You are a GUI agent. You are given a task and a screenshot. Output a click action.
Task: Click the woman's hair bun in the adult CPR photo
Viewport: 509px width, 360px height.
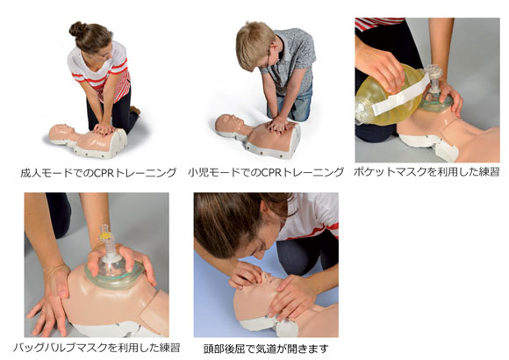(x=77, y=29)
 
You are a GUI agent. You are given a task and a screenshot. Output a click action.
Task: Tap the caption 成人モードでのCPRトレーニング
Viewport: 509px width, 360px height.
(x=98, y=172)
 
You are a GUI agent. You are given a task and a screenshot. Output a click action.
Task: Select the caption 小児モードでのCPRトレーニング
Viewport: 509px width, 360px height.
(x=266, y=172)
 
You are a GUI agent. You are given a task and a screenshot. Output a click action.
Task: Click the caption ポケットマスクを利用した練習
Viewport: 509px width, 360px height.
(x=427, y=171)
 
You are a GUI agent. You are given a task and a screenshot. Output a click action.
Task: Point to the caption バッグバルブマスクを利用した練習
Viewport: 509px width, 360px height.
(x=97, y=348)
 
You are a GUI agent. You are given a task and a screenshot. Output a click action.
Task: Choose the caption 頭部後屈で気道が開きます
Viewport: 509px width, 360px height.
(x=266, y=349)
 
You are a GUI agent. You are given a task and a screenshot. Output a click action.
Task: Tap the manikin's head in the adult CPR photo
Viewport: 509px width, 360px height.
(x=61, y=133)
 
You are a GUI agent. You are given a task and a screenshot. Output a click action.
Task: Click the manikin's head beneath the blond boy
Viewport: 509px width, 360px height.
(x=228, y=124)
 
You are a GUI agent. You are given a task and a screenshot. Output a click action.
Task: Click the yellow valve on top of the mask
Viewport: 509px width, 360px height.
(x=104, y=234)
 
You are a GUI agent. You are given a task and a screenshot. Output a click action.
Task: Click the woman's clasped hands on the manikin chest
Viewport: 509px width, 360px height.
(x=104, y=129)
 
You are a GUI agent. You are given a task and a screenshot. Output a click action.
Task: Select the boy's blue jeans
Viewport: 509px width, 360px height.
(x=294, y=104)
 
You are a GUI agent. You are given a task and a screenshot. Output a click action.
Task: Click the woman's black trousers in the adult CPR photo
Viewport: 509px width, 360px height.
(x=115, y=111)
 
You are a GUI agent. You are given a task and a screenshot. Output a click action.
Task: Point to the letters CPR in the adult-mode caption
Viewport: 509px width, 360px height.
(x=104, y=172)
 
